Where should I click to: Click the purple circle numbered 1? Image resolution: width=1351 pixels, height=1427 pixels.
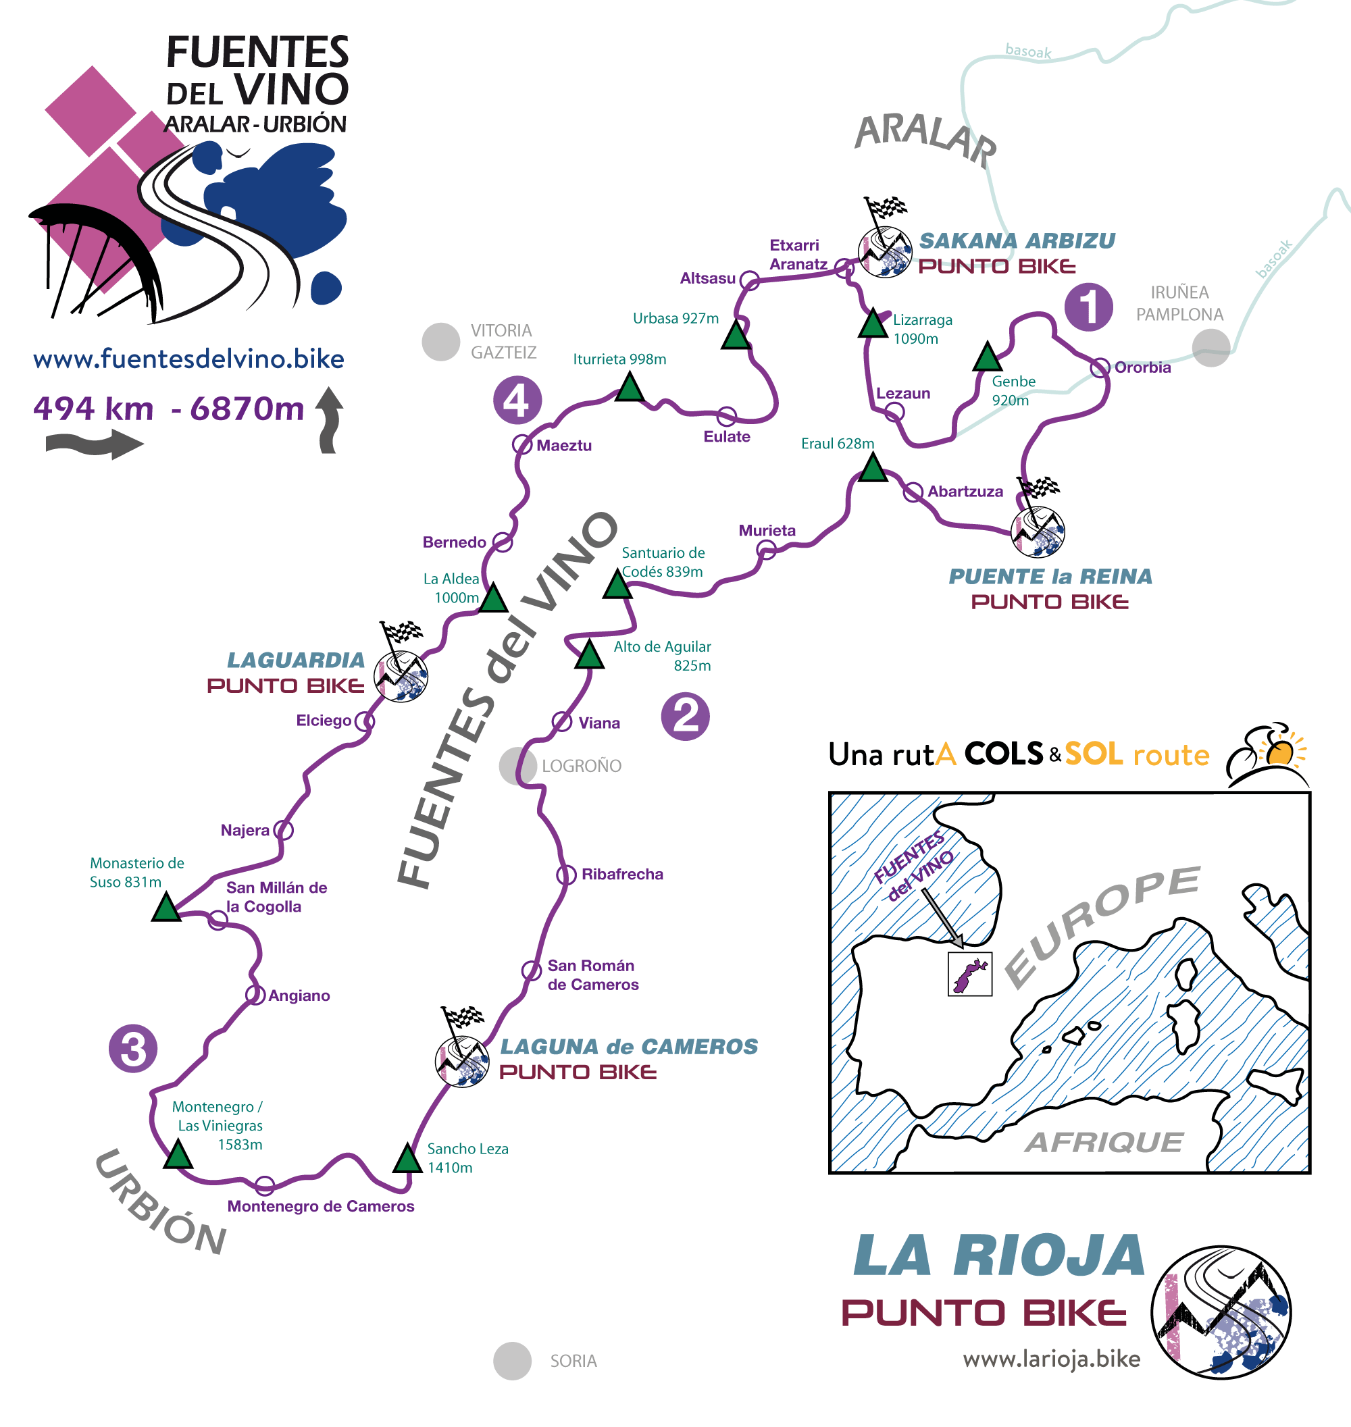[1088, 307]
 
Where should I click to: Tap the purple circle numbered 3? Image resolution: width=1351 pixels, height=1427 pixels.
[133, 1048]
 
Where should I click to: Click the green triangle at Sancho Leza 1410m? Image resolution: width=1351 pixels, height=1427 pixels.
[407, 1158]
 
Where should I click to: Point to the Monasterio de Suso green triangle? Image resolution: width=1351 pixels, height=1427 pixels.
[166, 908]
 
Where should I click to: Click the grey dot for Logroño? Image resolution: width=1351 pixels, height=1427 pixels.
[517, 765]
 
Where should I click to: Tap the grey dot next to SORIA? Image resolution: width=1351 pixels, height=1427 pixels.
[512, 1361]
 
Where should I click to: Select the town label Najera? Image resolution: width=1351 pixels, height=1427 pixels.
[245, 830]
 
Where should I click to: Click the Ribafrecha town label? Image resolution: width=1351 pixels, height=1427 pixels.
[622, 874]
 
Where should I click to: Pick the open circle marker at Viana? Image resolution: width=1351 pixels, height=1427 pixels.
[562, 721]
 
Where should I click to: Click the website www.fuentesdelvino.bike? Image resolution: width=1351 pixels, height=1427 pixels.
[188, 359]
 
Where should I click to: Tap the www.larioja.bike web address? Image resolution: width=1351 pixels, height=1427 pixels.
[1052, 1359]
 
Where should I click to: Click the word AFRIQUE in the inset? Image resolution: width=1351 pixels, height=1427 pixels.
[1103, 1142]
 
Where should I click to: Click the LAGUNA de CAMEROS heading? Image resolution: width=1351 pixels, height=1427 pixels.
[629, 1046]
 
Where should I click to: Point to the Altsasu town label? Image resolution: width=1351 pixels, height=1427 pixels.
[707, 278]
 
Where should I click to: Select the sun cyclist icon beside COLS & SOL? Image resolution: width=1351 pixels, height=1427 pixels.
[1267, 754]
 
